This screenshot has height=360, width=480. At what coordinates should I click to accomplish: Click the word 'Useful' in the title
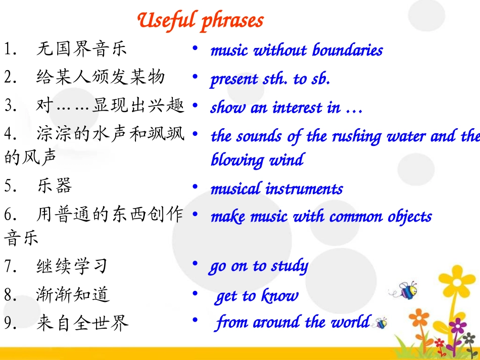pos(166,20)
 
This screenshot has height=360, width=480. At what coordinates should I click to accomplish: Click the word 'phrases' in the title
pos(232,21)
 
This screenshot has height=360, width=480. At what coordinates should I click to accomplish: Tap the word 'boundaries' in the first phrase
pos(347,50)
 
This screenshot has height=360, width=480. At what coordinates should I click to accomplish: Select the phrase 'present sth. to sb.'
pos(270,79)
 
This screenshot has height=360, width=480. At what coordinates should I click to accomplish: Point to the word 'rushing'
pos(353,136)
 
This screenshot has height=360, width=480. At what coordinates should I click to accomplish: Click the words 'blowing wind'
pos(257,160)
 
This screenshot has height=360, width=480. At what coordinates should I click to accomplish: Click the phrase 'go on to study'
pos(258,266)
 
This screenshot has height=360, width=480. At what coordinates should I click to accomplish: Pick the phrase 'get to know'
pos(257,296)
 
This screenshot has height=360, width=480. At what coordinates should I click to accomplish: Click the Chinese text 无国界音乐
pos(81,49)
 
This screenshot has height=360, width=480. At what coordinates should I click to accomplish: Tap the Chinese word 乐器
pos(54,186)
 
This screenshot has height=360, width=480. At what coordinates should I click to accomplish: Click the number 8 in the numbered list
pos(8,295)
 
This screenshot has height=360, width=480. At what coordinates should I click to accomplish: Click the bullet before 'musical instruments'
pos(195,187)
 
